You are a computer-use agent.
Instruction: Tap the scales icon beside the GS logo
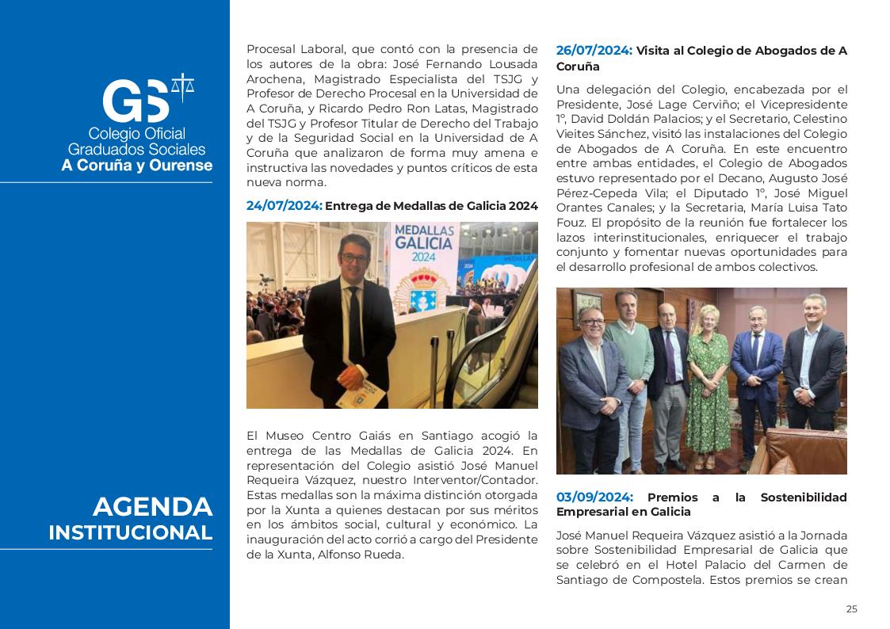tap(183, 86)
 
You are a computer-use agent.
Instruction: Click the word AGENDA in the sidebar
tap(152, 507)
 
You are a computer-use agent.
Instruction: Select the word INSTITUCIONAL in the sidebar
tap(130, 532)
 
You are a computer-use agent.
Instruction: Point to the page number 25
tap(851, 609)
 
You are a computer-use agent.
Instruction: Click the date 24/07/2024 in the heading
tap(284, 206)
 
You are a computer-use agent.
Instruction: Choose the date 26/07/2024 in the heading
tap(594, 51)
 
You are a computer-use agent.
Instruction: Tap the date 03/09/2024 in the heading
tap(594, 497)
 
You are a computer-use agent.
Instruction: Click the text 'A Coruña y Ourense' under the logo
tap(137, 166)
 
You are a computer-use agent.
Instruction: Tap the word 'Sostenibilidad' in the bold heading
tap(803, 497)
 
